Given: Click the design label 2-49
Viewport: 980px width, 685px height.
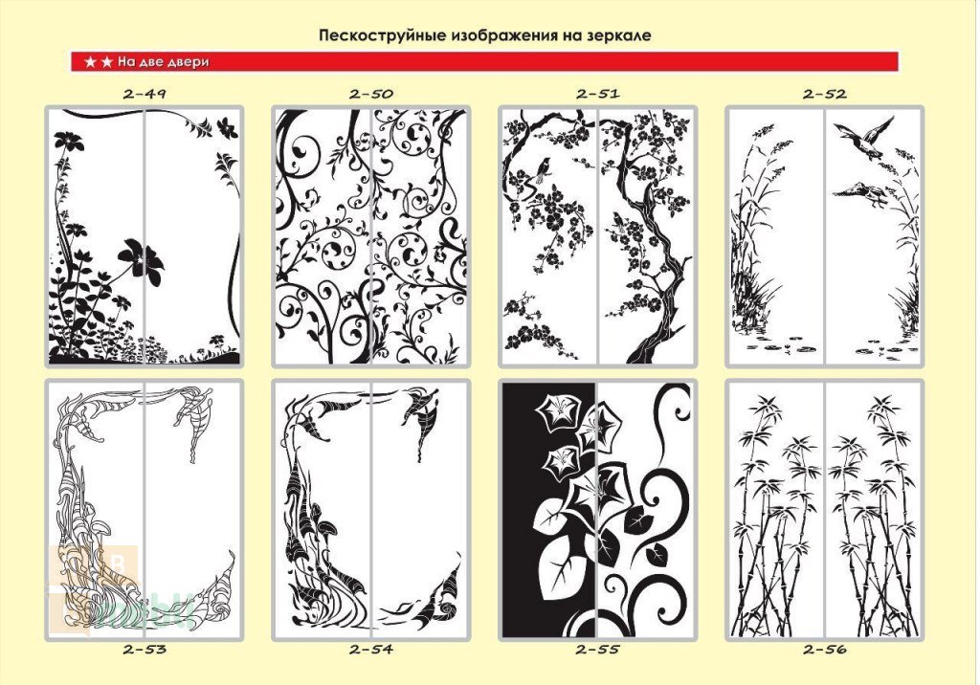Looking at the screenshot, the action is click(x=145, y=95).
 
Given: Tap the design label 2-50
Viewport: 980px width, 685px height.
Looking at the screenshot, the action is click(x=371, y=95).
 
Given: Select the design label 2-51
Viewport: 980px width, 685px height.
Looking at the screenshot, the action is click(x=598, y=94).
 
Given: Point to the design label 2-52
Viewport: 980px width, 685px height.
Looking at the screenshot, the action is click(x=824, y=95).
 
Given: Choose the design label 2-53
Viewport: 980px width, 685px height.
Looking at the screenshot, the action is click(x=145, y=650).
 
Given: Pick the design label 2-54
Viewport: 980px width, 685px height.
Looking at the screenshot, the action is click(x=371, y=650).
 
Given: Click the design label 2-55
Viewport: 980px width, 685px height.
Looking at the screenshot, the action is click(x=598, y=650).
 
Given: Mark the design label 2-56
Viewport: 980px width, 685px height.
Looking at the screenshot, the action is click(x=824, y=650).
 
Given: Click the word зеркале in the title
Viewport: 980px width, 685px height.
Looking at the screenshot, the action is click(x=619, y=35).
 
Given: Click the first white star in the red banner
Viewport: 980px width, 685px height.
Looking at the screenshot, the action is click(x=91, y=62).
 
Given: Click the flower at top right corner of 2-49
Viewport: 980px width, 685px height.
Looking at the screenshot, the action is click(x=227, y=127).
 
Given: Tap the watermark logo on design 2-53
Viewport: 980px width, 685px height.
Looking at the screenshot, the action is click(x=94, y=587).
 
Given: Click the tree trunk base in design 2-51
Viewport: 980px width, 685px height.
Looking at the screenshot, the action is click(x=647, y=350).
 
